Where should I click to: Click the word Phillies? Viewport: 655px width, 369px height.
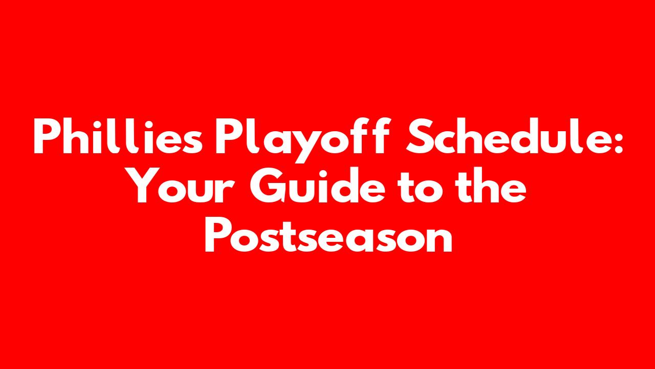coord(118,136)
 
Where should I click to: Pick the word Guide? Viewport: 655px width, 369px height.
coord(318,184)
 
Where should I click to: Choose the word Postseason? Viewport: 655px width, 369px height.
coord(329,234)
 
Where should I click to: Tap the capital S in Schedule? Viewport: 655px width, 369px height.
coord(419,136)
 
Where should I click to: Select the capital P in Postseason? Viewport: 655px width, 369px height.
coord(219,234)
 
